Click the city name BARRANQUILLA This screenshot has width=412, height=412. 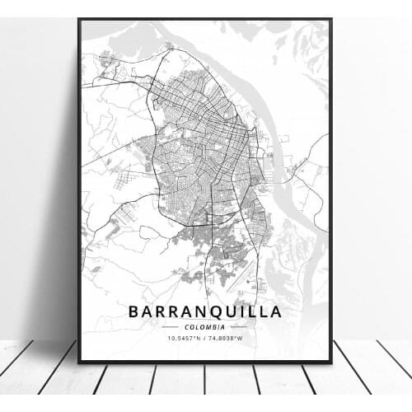204,311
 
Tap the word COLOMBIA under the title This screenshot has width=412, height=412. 204,326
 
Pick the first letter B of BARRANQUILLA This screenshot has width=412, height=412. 133,311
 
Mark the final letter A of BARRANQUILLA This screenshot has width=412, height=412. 275,311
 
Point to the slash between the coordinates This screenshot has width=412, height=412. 205,338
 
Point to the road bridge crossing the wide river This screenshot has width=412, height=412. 290,169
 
